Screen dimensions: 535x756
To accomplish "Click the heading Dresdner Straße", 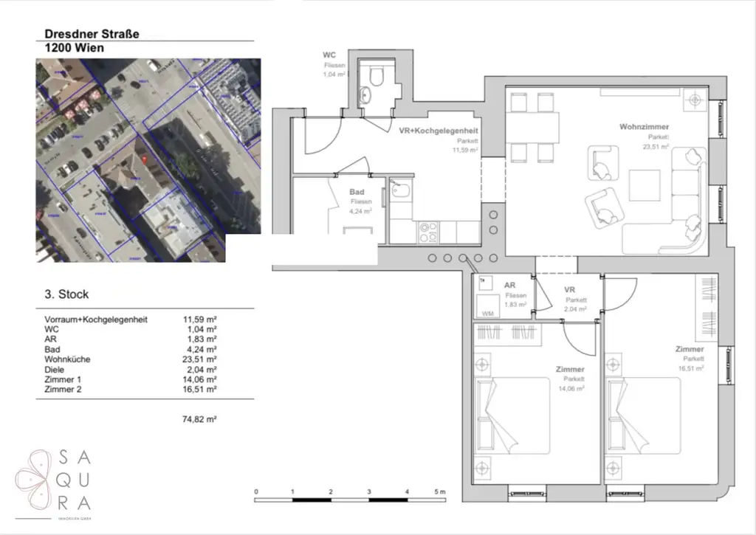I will click(x=92, y=33).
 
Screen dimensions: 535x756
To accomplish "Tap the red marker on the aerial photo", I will click(x=144, y=160).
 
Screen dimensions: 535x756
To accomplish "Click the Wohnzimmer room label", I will click(x=644, y=127).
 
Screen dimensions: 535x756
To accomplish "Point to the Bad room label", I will click(x=357, y=191).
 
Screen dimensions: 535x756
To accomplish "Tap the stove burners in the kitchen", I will click(x=427, y=233).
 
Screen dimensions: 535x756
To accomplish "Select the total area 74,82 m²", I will click(x=199, y=419).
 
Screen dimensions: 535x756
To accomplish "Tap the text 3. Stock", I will click(x=66, y=294).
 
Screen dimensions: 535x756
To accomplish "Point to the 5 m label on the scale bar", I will click(x=441, y=491).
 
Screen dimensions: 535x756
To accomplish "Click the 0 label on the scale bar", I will click(x=255, y=491).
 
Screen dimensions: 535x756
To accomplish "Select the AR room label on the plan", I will click(x=509, y=285).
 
